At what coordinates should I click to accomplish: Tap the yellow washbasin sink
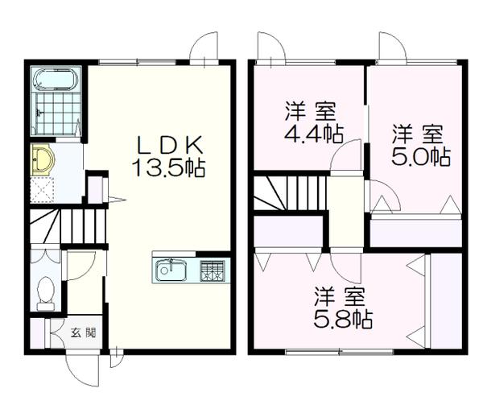41,159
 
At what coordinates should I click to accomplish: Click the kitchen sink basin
169,271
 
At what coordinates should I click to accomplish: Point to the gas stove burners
213,271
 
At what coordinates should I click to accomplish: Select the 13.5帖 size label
169,169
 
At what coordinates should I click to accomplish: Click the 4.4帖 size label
309,133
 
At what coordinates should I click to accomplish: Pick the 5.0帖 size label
419,155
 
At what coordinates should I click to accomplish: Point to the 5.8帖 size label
342,318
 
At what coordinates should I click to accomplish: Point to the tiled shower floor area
56,115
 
